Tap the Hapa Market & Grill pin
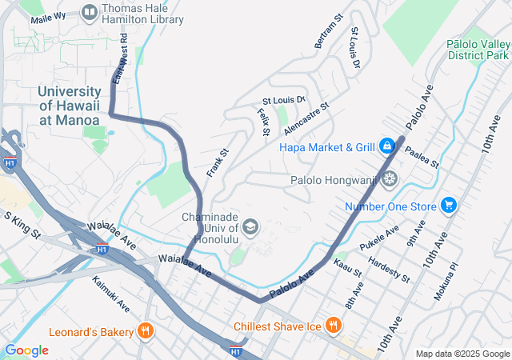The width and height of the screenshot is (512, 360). (x=386, y=146)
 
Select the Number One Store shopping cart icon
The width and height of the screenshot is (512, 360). (x=449, y=206)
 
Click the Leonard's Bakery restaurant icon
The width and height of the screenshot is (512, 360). (x=145, y=330)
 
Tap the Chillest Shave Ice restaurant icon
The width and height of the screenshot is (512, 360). (x=334, y=326)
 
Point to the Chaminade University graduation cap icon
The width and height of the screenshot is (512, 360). (x=250, y=229)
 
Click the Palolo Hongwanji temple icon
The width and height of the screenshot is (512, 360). (x=390, y=180)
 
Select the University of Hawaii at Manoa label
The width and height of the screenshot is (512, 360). (x=70, y=106)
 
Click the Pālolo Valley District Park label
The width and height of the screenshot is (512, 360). (x=478, y=50)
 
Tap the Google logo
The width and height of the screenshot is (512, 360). (x=26, y=350)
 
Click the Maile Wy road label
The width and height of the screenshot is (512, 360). (x=48, y=17)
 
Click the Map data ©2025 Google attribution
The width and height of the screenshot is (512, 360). (x=462, y=354)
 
